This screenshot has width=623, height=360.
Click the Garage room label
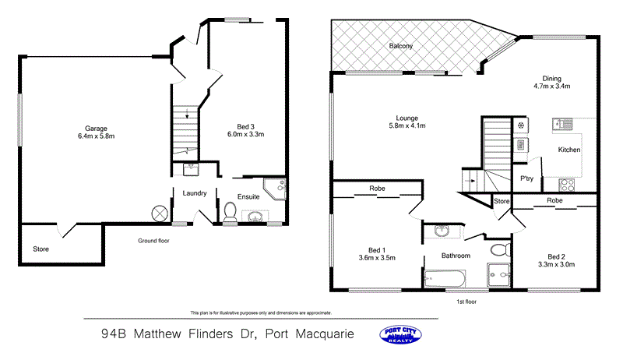coord(96,129)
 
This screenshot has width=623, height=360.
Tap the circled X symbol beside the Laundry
coord(160,213)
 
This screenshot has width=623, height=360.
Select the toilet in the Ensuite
coord(230,213)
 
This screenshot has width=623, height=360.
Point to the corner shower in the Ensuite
coord(276,187)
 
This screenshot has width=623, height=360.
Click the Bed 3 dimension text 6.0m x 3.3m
coord(251,134)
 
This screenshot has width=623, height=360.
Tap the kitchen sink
coord(563,123)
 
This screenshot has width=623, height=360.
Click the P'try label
coord(526,178)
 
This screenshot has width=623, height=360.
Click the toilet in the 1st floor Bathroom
coord(499,250)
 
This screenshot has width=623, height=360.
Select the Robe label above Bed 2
coord(554,200)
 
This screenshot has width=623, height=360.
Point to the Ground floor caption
coord(153,241)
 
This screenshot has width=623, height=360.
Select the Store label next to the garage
coord(40,249)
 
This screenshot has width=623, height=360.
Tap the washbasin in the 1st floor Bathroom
coord(442,231)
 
